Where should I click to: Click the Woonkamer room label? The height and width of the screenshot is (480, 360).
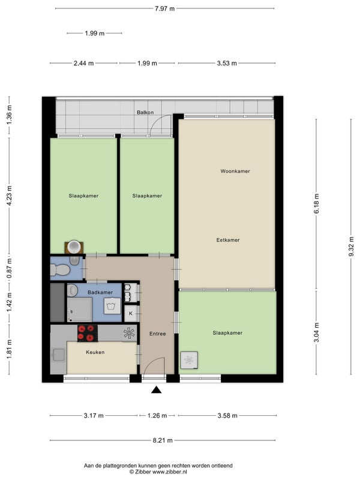[235, 171]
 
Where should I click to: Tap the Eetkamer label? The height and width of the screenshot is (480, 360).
[228, 240]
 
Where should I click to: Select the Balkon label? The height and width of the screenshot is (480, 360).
[145, 112]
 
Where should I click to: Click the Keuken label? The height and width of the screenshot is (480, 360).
[95, 352]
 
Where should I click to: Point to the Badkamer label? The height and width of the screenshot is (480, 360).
[100, 292]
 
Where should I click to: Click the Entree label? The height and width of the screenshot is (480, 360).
[157, 334]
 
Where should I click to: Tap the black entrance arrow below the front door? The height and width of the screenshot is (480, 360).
[157, 389]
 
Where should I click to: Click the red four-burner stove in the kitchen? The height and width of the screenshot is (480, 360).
[88, 333]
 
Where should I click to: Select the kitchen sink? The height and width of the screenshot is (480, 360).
[58, 355]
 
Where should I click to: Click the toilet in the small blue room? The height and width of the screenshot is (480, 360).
[60, 269]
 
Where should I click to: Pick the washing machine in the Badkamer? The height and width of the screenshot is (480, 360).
[113, 305]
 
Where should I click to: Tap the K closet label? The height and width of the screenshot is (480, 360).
[131, 313]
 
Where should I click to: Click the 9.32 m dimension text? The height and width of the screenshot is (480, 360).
[351, 247]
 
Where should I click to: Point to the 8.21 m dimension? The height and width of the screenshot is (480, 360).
[163, 440]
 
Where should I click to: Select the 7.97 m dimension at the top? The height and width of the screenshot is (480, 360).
[164, 8]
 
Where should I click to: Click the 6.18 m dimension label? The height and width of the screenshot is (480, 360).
[316, 203]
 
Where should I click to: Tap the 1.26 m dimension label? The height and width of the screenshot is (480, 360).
[157, 415]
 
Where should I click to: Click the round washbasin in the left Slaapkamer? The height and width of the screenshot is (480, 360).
[74, 247]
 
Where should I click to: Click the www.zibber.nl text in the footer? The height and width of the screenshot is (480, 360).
[170, 472]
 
